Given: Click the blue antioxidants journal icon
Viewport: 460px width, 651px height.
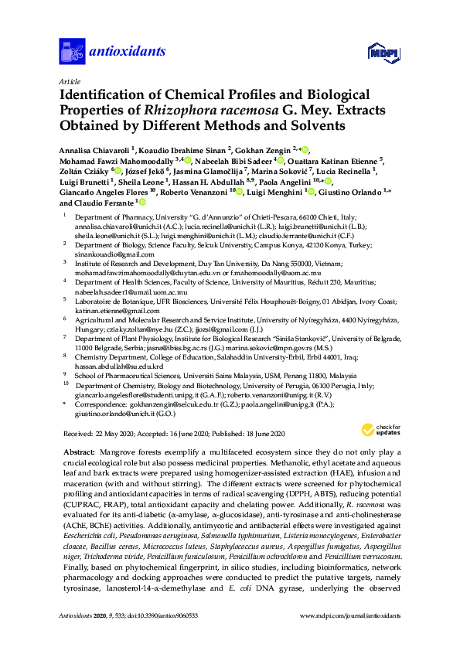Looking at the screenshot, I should [73, 51].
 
